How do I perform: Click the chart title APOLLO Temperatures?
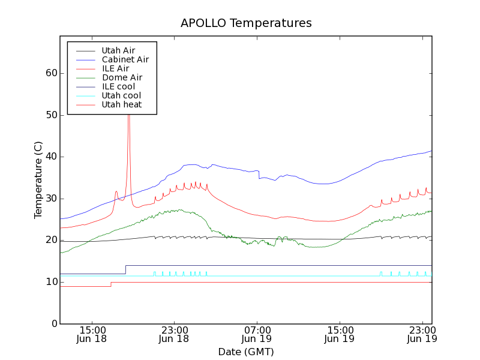click(x=246, y=23)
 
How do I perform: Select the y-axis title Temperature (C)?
click(x=38, y=180)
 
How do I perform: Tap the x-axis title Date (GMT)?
click(x=246, y=352)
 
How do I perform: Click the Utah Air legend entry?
click(x=118, y=50)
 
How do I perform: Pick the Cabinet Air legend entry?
click(x=125, y=59)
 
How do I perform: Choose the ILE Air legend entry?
click(x=115, y=68)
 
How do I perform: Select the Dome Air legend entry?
click(x=122, y=77)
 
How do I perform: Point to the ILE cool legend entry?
click(x=118, y=86)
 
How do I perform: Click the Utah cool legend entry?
click(x=121, y=95)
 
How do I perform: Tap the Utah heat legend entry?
click(x=122, y=104)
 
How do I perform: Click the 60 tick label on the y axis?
click(x=51, y=73)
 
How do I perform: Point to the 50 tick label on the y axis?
click(x=51, y=115)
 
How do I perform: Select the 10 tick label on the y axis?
click(x=51, y=282)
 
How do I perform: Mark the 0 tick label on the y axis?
click(x=54, y=324)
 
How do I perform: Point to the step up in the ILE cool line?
click(x=125, y=269)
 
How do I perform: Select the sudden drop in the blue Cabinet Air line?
click(x=259, y=175)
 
